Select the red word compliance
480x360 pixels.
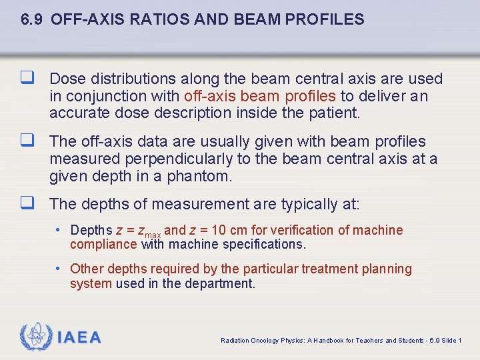tap(103, 244)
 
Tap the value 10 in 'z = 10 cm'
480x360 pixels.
tap(219, 230)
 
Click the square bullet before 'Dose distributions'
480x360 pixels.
tap(28, 79)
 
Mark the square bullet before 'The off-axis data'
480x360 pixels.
tap(28, 141)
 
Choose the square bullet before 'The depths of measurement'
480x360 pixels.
tap(28, 204)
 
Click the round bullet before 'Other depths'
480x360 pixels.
tap(60, 269)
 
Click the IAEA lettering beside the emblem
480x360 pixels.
tap(79, 337)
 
